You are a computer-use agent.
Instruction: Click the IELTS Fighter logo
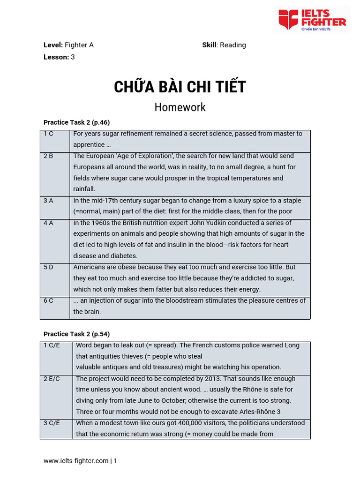pyautogui.click(x=312, y=20)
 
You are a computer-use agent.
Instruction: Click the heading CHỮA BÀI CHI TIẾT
pyautogui.click(x=180, y=87)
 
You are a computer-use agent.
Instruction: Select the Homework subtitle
pyautogui.click(x=180, y=107)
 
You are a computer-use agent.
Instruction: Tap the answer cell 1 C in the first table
pyautogui.click(x=49, y=134)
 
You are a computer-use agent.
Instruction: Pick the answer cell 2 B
pyautogui.click(x=49, y=156)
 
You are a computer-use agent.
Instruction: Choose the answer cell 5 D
pyautogui.click(x=49, y=267)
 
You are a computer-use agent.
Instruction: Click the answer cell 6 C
pyautogui.click(x=49, y=300)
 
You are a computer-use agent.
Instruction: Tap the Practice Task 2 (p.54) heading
pyautogui.click(x=76, y=334)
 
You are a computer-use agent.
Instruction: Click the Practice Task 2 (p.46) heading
pyautogui.click(x=76, y=122)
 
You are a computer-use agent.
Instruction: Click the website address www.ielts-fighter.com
pyautogui.click(x=76, y=461)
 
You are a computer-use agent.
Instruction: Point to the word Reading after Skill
pyautogui.click(x=233, y=45)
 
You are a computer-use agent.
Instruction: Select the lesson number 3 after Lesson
pyautogui.click(x=73, y=57)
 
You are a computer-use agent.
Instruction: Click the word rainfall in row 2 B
pyautogui.click(x=84, y=189)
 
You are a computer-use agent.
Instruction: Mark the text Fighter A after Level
pyautogui.click(x=79, y=45)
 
